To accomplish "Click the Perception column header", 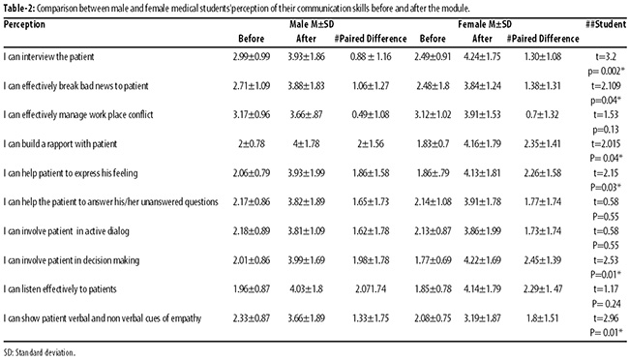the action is point(24,24).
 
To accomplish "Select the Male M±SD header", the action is point(312,24).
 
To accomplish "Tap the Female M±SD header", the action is point(485,24).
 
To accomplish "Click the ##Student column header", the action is point(606,24).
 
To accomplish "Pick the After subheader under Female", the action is point(482,39).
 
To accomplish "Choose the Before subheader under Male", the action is point(252,39).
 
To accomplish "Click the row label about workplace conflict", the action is point(78,115).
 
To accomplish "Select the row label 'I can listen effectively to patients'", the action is point(60,289).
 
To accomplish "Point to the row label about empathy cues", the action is point(103,318).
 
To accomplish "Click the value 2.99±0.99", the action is point(252,56).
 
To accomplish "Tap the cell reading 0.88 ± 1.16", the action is point(371,56).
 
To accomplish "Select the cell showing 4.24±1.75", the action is point(482,56).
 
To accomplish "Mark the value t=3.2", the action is point(606,56).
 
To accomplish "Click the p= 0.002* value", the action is point(607,71).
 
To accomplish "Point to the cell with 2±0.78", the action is point(252,143).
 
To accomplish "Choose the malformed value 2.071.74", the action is point(371,289).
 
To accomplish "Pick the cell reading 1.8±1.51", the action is point(542,318).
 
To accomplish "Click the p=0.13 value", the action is point(606,130).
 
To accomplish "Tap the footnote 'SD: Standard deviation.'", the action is point(40,353).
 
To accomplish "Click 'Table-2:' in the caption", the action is point(18,8).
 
